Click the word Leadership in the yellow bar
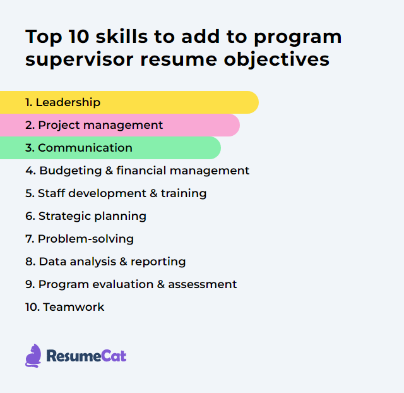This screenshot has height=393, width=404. click(x=68, y=102)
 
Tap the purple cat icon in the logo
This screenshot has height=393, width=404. click(x=33, y=356)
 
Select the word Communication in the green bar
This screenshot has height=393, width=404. click(x=85, y=148)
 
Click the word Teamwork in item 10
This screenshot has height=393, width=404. click(x=74, y=307)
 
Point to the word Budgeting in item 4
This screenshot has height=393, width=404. click(x=70, y=171)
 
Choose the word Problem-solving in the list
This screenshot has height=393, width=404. click(x=86, y=239)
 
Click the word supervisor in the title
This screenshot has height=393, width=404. click(x=80, y=60)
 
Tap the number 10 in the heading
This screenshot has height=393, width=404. click(x=79, y=37)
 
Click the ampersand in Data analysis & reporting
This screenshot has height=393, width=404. click(x=124, y=262)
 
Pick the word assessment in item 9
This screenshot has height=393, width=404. click(x=202, y=284)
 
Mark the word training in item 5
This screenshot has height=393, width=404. click(x=184, y=194)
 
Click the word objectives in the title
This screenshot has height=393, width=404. click(x=276, y=60)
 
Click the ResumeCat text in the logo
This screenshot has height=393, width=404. click(x=86, y=356)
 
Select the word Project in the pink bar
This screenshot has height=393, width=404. click(x=59, y=126)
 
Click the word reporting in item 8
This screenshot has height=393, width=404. click(x=158, y=262)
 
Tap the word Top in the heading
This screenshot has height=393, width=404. click(x=44, y=37)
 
